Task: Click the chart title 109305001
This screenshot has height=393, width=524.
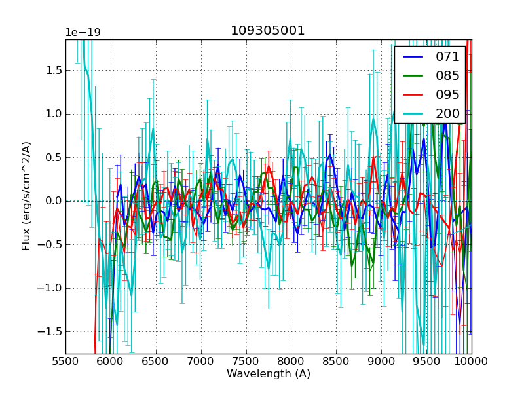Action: pos(268,31)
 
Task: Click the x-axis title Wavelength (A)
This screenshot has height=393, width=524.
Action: pos(269,374)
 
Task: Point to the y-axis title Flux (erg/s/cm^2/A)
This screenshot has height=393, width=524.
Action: pos(27,196)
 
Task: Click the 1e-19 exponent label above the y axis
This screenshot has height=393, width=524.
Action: pos(83,33)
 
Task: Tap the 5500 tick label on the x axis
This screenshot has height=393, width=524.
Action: pos(65,361)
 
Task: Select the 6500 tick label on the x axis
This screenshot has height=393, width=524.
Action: pos(156,361)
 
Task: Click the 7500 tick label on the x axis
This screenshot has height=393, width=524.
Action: pos(246,361)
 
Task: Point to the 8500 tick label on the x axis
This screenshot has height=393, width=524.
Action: pos(336,361)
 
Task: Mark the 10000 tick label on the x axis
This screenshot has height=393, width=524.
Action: pos(471,361)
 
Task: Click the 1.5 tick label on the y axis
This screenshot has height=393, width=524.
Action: pos(51,70)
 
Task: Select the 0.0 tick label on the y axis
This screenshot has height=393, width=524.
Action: pos(51,201)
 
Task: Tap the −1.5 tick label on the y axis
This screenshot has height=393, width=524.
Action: pos(48,331)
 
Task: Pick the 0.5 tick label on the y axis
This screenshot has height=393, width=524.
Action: pos(51,157)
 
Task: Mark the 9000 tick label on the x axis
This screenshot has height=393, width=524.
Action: pos(381,361)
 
